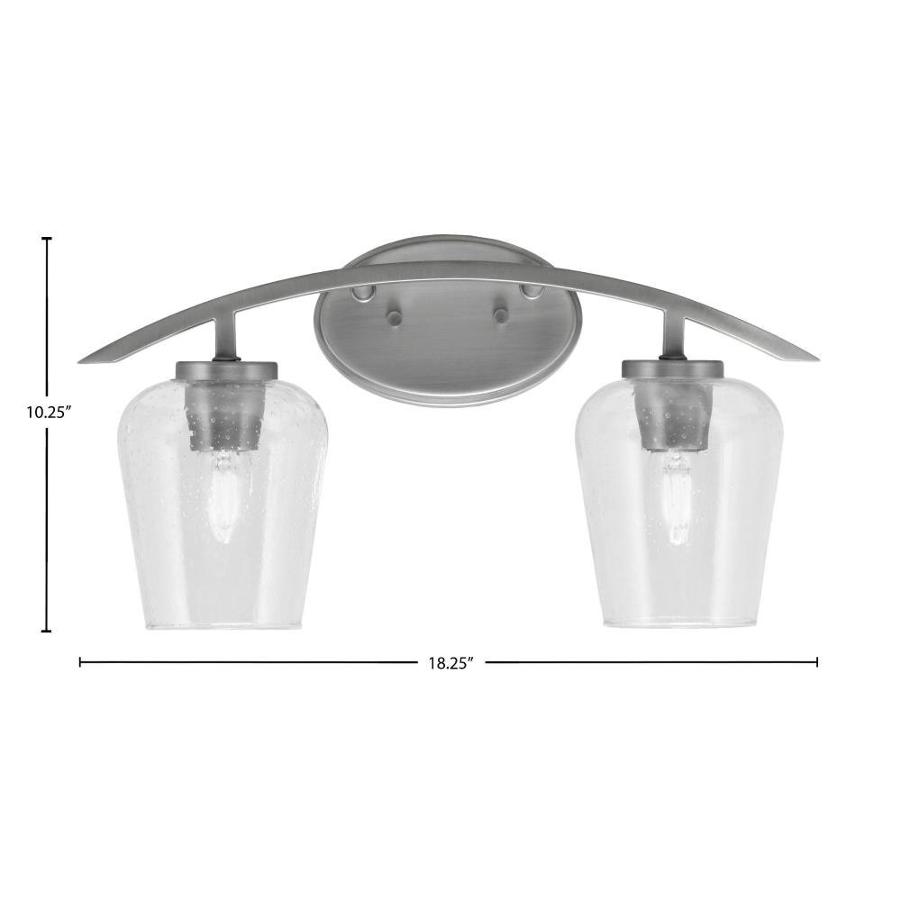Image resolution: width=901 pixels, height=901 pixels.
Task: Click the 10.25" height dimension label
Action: [49, 412]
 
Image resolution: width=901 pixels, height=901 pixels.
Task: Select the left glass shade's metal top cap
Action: [227, 369]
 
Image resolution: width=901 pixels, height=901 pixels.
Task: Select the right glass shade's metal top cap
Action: [672, 369]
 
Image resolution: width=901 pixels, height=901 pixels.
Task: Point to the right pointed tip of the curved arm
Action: [818, 359]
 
